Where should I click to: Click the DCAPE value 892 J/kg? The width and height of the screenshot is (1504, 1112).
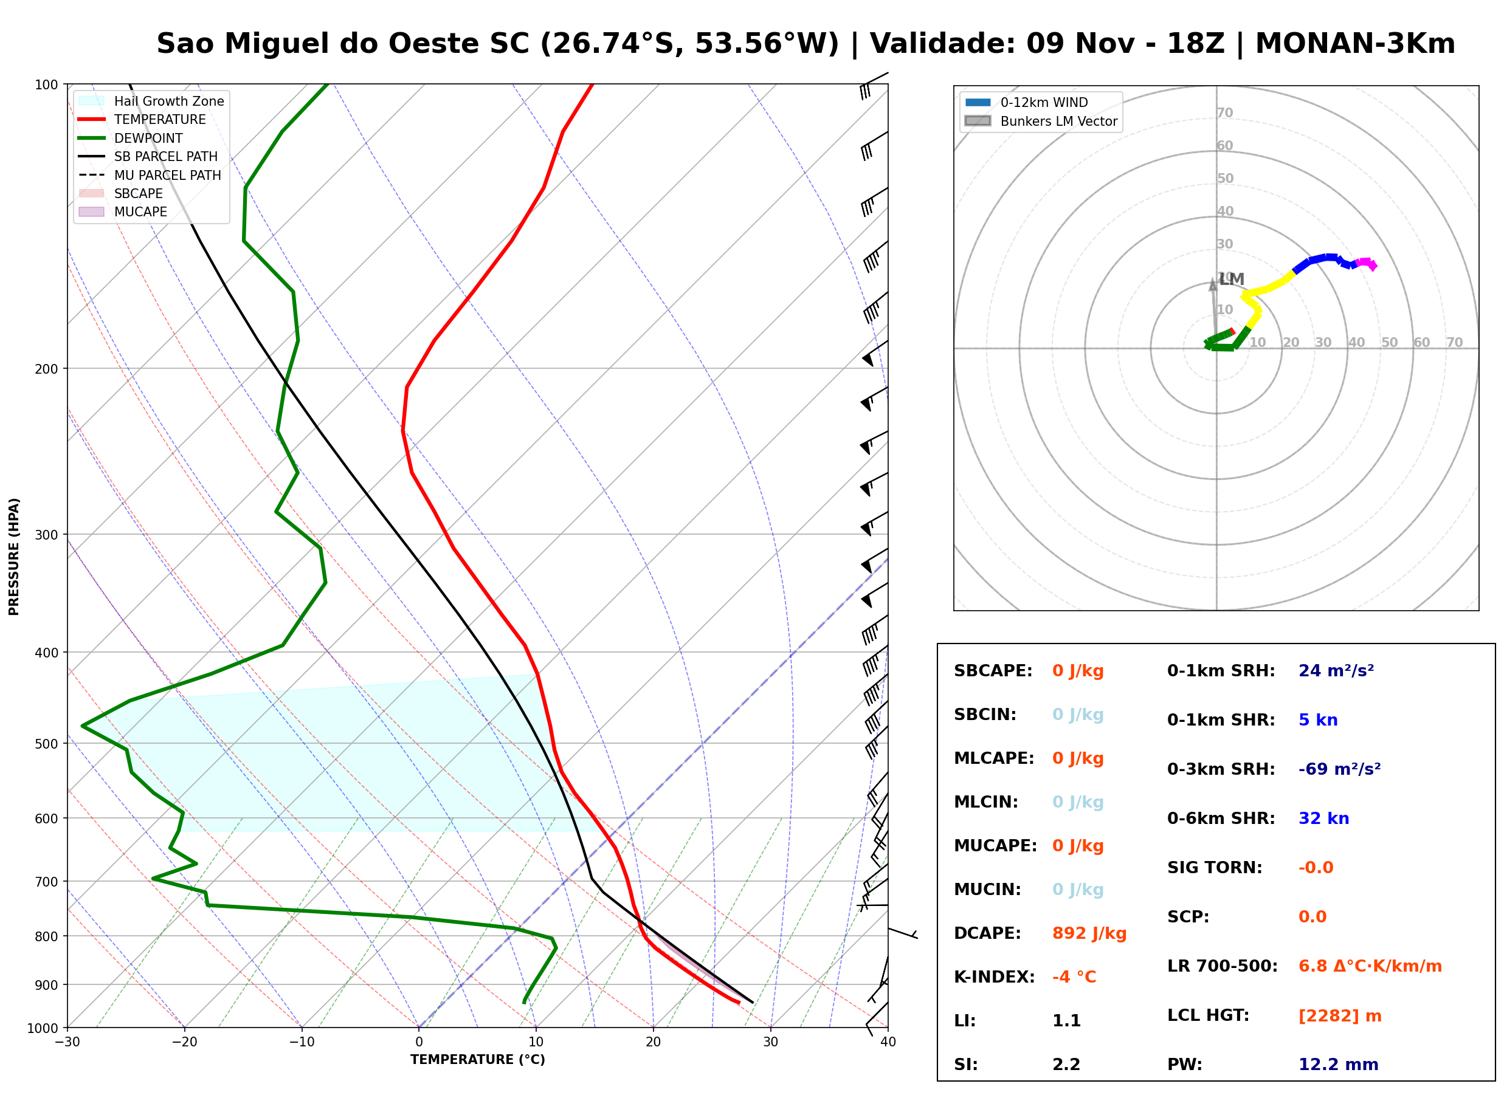[1089, 933]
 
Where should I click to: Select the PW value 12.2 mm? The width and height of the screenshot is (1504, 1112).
[1339, 1065]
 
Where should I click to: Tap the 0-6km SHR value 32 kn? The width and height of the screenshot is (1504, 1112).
[1323, 819]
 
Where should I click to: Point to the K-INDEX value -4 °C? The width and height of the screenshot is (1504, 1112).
[1074, 977]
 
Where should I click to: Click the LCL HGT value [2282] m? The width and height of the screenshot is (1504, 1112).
[1340, 1016]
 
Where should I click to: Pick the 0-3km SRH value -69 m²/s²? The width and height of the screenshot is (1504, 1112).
[1340, 769]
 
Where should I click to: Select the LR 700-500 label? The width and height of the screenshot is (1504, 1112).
[1222, 967]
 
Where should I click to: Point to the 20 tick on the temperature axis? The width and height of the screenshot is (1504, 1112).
[653, 1042]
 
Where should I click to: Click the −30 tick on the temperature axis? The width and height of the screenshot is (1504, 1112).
[67, 1042]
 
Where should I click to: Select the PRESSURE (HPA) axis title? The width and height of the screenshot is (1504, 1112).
[14, 557]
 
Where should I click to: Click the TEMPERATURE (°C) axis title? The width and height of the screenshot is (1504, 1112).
[478, 1060]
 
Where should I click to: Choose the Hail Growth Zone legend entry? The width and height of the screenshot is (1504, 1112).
[151, 101]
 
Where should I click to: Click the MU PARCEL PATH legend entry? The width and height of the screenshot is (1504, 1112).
[150, 175]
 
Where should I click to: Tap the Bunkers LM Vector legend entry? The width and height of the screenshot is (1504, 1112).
[1041, 121]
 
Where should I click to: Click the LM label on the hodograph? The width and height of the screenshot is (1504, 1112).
[1231, 280]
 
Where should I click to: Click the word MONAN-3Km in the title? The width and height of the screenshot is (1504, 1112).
[1354, 44]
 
